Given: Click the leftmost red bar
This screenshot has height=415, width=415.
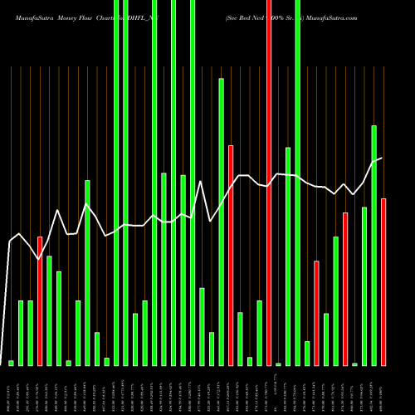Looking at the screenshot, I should pos(40,300).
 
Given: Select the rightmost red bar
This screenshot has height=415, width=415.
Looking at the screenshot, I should pos(383,281).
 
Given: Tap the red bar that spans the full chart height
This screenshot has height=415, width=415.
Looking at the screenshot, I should pos(268,183).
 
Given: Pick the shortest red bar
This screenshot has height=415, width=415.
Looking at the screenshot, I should pos(316,313).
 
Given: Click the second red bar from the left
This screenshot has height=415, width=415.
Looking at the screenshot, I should pos(231,255).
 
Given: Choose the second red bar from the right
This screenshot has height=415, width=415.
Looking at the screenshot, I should pos(345,289).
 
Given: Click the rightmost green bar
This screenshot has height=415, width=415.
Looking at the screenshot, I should pos(373,245).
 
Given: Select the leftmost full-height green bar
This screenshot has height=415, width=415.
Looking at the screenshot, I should pos(116,183).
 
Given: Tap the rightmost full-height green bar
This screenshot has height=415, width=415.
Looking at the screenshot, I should pos(297,183).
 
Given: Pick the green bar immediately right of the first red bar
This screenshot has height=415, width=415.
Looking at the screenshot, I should pos(49,310).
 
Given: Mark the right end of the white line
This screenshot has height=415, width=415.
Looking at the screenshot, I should pos(382,158).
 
